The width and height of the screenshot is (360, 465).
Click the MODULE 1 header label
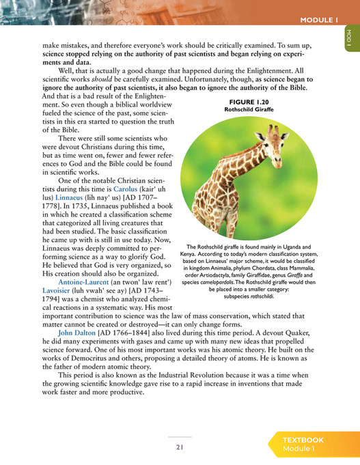click(x=320, y=20)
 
